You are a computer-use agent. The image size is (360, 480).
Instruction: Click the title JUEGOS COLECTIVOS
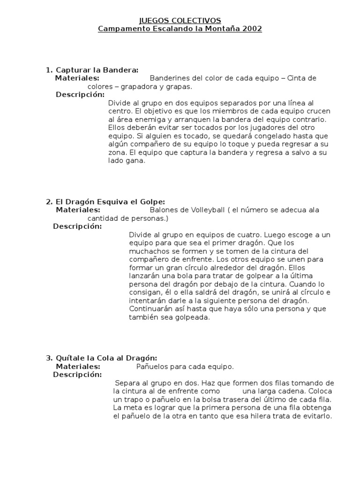[180, 20]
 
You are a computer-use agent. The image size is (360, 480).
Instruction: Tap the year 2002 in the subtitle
[249, 29]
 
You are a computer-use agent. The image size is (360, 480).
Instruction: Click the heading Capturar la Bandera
[97, 70]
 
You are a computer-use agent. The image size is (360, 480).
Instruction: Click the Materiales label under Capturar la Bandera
[77, 78]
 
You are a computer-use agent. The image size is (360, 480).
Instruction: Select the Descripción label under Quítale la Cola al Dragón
[77, 375]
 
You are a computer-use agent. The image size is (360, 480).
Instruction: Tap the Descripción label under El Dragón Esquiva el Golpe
[77, 226]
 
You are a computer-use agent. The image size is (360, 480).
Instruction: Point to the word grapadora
[140, 87]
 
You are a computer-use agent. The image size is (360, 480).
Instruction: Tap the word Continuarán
[150, 309]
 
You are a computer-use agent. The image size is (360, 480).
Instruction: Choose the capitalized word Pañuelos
[153, 367]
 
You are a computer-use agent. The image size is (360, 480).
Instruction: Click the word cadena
[289, 391]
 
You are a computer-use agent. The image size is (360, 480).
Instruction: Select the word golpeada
[190, 317]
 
